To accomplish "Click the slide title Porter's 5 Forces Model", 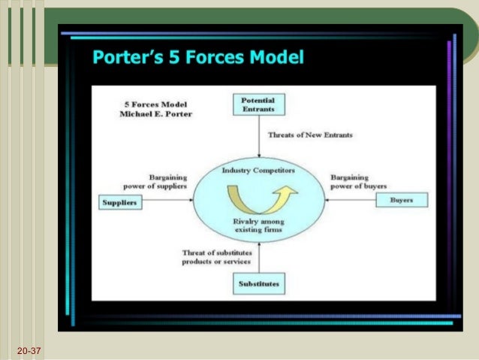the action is tap(197, 57).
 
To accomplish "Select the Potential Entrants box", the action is tap(258, 104).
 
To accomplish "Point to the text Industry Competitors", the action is tap(258, 171).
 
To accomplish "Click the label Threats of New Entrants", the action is tap(310, 135).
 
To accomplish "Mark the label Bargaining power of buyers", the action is tap(357, 181).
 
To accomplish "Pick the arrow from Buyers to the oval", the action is tap(353, 200).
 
